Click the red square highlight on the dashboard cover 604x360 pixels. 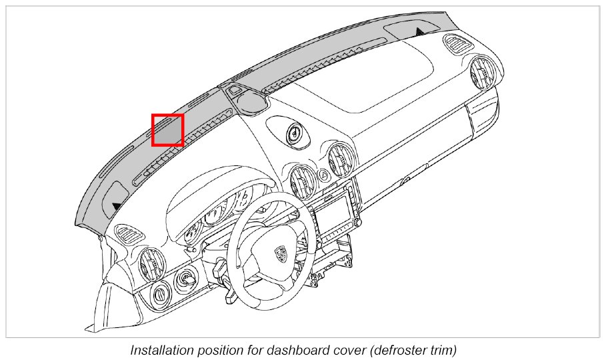[x=167, y=130]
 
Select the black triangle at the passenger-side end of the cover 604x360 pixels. [x=419, y=31]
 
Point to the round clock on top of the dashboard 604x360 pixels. [x=292, y=134]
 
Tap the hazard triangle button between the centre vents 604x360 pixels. [x=323, y=175]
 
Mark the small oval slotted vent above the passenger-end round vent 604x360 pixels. [x=458, y=47]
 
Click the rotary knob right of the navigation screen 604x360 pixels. [x=355, y=200]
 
